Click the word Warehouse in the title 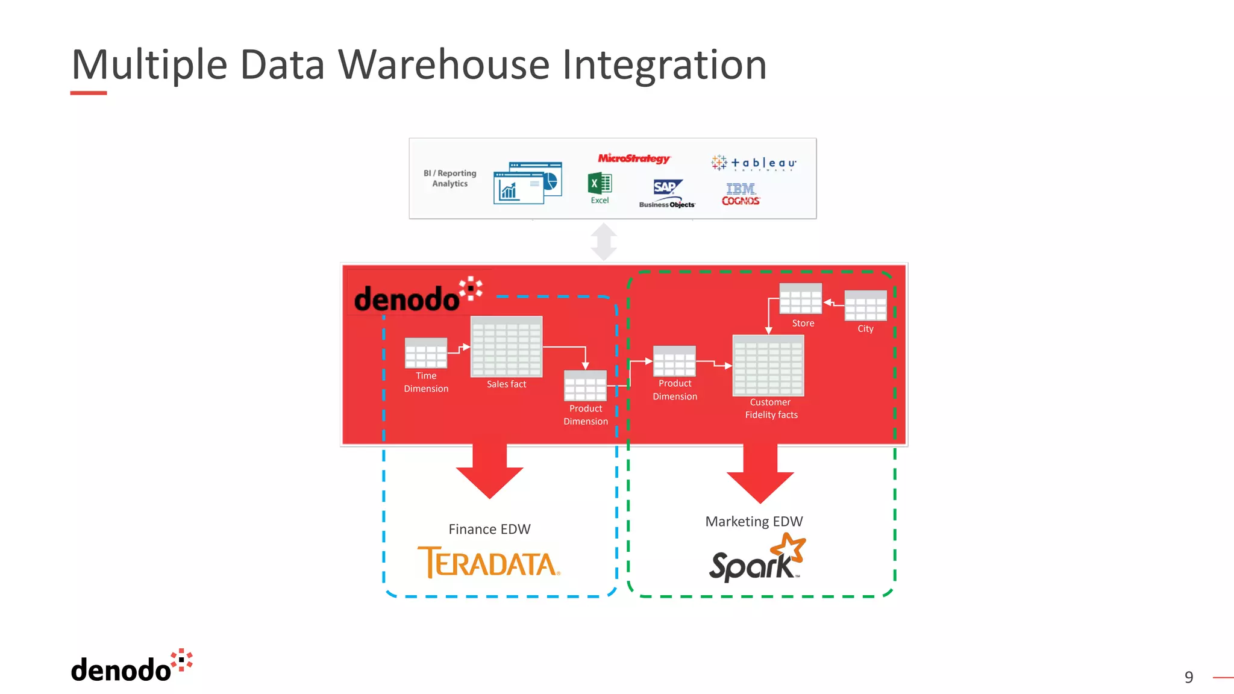coord(443,64)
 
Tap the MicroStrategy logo coord(633,158)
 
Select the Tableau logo coord(754,163)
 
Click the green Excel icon coord(600,184)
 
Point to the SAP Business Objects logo coord(667,193)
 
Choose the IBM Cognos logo coord(741,195)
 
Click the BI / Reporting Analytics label coord(449,178)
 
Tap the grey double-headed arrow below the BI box coord(604,242)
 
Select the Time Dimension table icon coord(426,353)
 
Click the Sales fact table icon coord(506,347)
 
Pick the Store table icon coord(800,299)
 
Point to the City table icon coord(865,305)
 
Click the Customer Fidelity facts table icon coord(768,366)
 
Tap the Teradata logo coord(489,563)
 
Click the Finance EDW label coord(489,529)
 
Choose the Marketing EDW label coord(754,521)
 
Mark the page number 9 coord(1188,677)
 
